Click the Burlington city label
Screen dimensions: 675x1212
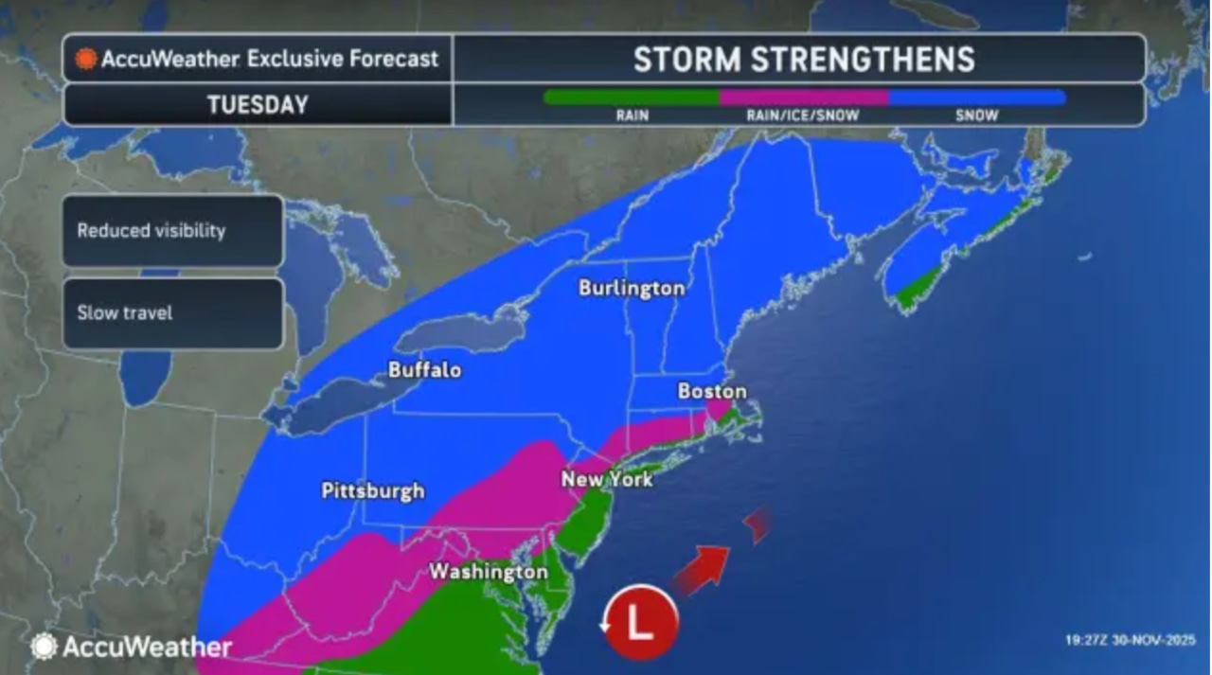(x=632, y=288)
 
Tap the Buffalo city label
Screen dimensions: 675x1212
(x=424, y=369)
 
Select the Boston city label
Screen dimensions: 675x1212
(x=712, y=391)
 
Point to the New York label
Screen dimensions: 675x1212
(x=606, y=479)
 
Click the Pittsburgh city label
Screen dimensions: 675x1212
(x=373, y=491)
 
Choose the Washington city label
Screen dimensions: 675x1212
(x=488, y=572)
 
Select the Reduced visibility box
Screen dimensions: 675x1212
(x=172, y=231)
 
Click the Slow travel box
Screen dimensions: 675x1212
(x=172, y=313)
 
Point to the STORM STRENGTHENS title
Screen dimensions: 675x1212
(x=804, y=60)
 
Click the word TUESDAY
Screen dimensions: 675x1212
(x=258, y=104)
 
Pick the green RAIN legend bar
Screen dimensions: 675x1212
(x=632, y=97)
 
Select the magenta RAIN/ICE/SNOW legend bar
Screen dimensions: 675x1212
(x=804, y=97)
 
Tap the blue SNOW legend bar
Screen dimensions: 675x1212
(x=977, y=97)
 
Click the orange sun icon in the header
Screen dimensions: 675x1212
(x=86, y=59)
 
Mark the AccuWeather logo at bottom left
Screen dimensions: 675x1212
(x=132, y=647)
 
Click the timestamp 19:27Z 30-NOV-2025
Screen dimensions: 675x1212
(x=1131, y=640)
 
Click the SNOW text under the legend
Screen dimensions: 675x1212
(x=977, y=115)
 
